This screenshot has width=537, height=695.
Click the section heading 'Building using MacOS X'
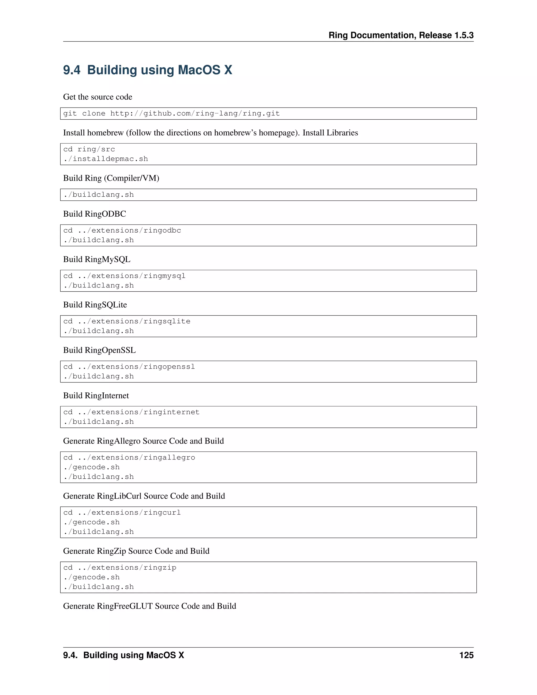tap(159, 70)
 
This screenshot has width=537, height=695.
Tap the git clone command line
tap(171, 114)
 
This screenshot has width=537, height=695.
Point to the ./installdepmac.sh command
tap(106, 159)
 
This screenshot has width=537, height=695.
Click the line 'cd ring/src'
tap(89, 149)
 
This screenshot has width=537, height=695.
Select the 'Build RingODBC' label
tap(94, 214)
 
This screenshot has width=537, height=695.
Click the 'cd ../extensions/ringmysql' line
tap(124, 276)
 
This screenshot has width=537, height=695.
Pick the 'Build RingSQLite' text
tap(95, 305)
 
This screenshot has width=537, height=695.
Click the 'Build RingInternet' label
tap(96, 395)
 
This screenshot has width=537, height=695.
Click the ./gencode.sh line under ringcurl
tap(92, 522)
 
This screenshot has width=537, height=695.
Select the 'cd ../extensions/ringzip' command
tap(120, 568)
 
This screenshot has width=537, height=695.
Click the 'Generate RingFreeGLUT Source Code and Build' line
tap(149, 606)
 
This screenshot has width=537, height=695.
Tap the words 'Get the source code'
tap(98, 97)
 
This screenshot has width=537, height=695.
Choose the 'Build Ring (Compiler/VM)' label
tap(111, 178)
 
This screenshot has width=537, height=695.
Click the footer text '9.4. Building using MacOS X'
tap(123, 655)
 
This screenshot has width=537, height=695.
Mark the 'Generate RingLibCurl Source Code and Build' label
tap(144, 496)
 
